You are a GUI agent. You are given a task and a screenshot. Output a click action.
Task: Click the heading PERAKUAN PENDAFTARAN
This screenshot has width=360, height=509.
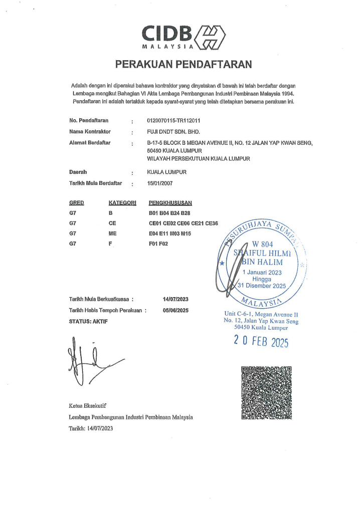(183, 64)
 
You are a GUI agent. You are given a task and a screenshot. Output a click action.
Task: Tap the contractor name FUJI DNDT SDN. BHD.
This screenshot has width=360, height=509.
(173, 132)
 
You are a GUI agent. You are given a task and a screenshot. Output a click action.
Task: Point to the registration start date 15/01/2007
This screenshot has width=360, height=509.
(160, 184)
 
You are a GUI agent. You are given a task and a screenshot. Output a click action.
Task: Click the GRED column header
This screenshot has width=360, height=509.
(76, 203)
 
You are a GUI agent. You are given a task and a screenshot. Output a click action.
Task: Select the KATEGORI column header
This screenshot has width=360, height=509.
(122, 203)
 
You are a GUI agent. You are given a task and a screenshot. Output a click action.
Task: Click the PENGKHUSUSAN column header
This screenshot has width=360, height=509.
(170, 203)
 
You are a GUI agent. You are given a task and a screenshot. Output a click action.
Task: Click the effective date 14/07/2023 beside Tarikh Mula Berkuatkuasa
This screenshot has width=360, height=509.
(175, 300)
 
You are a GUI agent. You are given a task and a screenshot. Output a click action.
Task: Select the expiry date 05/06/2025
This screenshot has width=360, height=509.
(175, 311)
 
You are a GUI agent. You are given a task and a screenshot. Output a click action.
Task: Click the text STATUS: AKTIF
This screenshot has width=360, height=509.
(88, 321)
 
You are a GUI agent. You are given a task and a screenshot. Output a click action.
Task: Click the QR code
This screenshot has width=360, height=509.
(266, 392)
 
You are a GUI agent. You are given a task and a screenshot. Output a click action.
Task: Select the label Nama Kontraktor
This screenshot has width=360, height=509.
(90, 132)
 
